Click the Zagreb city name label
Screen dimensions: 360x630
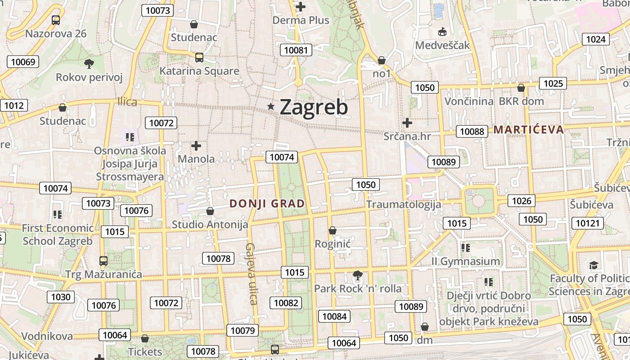coord(314,107)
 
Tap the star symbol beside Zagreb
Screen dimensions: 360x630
coord(271,107)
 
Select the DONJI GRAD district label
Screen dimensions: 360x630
coord(267,203)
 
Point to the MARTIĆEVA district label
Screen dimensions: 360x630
coord(528,130)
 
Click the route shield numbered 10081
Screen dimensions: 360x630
coord(296,50)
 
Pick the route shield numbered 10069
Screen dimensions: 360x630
coord(22,62)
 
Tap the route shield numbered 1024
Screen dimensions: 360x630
coord(596,39)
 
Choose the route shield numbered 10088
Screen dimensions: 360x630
coord(472,131)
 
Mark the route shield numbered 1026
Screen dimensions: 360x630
coord(522,201)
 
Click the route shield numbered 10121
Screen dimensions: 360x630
coord(588,223)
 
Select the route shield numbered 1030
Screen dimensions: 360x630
coord(61,297)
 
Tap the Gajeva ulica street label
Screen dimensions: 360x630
coord(251,274)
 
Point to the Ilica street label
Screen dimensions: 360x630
coord(127,102)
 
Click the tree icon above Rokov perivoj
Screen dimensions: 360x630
coord(89,63)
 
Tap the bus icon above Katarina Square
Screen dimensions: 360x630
coord(199,58)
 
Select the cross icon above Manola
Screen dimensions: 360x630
coord(196,146)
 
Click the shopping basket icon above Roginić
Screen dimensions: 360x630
coord(333,231)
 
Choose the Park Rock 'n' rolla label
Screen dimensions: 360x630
coord(357,288)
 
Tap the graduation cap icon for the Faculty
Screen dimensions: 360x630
coord(594,265)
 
